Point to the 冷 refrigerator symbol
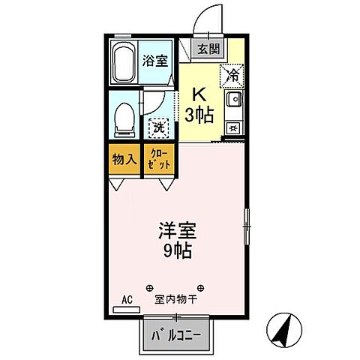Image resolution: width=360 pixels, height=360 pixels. pos(232,76)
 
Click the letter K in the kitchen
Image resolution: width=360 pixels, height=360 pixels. pos(199,94)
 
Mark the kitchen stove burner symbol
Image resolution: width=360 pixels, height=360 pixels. pos(233,128)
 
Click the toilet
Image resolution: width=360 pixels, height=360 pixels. pos(123,118)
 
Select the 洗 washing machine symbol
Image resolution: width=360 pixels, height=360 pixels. pos(159,127)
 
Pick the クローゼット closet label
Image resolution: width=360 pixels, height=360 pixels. pos(159,160)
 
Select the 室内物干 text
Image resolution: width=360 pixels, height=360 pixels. pos(175,299)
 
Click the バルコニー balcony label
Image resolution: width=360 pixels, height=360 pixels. pos(175,334)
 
